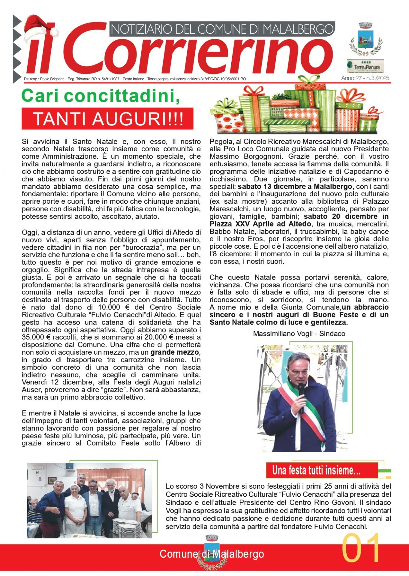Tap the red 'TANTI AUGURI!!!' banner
pos(107,118)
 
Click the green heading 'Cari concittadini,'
pos(101,96)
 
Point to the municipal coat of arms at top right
pos(365,39)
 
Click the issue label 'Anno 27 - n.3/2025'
pos(365,78)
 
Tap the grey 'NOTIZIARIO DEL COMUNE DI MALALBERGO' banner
pos(222,29)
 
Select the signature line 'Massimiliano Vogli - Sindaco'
pos(299,334)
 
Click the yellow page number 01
pos(361,548)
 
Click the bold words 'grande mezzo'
pos(175,352)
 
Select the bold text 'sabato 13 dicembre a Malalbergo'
pos(295,187)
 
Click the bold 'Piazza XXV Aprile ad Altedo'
pos(260,224)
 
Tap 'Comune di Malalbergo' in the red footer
pos(212,554)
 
